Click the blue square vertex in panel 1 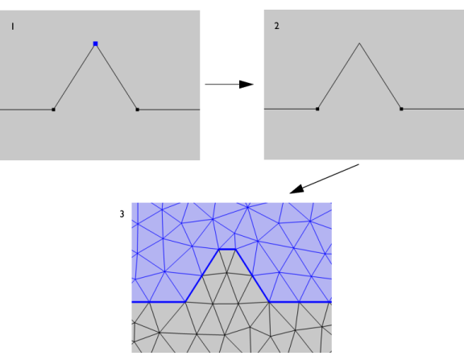click(x=95, y=43)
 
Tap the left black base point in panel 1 click(x=53, y=110)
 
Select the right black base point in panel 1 click(x=137, y=110)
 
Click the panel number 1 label click(x=12, y=27)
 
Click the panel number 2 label click(x=276, y=26)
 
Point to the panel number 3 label click(x=122, y=214)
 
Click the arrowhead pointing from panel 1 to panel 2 click(x=246, y=85)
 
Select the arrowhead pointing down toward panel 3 click(x=296, y=189)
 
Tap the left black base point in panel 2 click(x=317, y=110)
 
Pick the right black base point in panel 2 click(x=401, y=110)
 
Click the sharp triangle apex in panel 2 click(x=359, y=43)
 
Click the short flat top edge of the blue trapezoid click(x=227, y=250)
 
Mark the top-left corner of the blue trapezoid click(x=219, y=250)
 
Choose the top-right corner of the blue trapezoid click(x=235, y=250)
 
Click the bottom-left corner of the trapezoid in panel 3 click(x=185, y=302)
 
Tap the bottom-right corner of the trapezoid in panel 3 click(x=269, y=302)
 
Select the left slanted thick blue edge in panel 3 click(x=202, y=275)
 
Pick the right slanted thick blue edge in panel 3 click(x=252, y=275)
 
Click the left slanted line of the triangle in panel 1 click(x=74, y=77)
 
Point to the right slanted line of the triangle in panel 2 click(x=380, y=77)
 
